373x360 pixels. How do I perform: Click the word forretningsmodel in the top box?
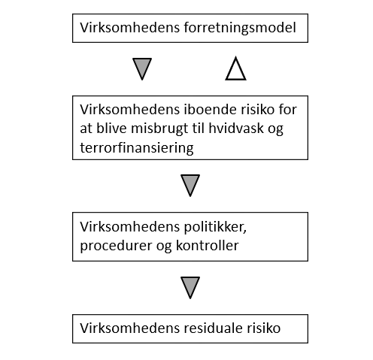tap(240, 28)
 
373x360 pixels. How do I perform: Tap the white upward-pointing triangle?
tap(235, 69)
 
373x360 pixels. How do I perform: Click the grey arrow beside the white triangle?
tap(142, 69)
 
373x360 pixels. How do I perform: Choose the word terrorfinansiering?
tap(137, 147)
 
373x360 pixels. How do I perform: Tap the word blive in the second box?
tap(111, 129)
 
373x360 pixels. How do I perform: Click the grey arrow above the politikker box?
tap(190, 186)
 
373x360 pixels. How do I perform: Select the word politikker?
tap(215, 227)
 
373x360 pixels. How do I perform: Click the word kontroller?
tap(208, 245)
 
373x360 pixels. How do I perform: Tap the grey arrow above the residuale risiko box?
tap(190, 288)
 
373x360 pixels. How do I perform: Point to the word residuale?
tap(214, 328)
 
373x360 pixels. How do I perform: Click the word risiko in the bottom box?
tap(264, 328)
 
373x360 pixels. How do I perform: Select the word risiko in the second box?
tap(258, 110)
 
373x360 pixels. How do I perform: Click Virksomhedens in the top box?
tap(130, 28)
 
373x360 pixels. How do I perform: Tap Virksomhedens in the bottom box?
tap(130, 328)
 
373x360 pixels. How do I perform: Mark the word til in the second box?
tap(199, 129)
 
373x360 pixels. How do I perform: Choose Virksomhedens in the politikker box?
tap(130, 227)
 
